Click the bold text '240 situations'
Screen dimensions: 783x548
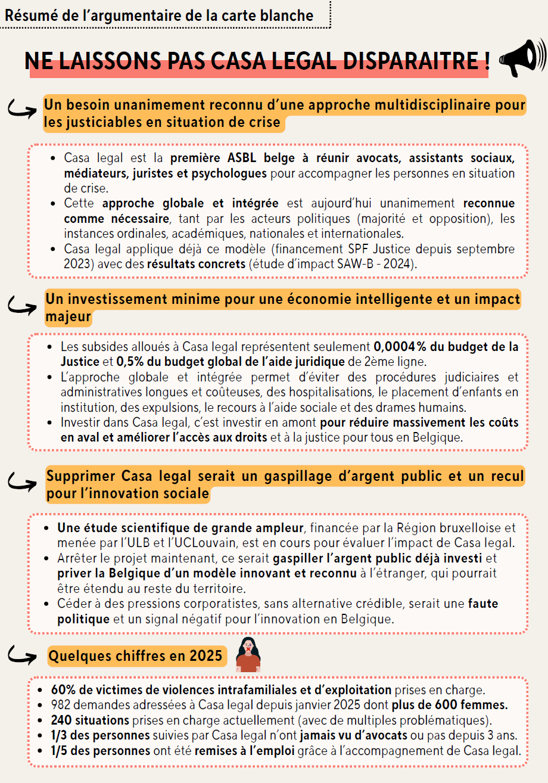90,719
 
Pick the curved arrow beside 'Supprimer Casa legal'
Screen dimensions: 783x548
22,481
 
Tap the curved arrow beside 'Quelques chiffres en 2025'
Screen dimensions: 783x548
22,656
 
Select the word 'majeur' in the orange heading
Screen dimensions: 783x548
68,317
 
